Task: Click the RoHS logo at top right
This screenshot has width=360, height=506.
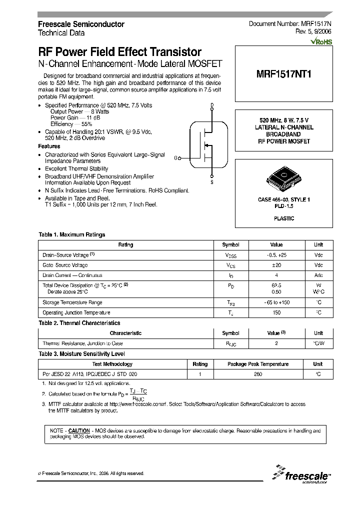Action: [x=321, y=41]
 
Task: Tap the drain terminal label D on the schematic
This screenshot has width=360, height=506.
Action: [x=212, y=105]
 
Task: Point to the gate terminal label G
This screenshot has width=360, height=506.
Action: [x=176, y=158]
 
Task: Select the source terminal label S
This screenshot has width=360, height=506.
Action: [x=212, y=182]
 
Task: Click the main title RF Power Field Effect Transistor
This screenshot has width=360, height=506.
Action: [x=120, y=52]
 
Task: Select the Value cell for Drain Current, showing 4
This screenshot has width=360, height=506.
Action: [x=276, y=275]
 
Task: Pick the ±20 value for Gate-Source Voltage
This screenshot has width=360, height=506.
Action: [x=276, y=265]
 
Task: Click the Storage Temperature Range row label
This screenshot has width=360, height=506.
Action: [x=72, y=302]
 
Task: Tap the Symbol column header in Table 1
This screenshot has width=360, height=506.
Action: [x=230, y=245]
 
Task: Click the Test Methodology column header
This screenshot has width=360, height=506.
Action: [x=112, y=364]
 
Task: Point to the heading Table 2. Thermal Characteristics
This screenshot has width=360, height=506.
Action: [x=79, y=323]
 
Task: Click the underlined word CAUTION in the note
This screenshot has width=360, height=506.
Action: [x=79, y=430]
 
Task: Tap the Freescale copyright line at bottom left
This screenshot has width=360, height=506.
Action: [x=91, y=473]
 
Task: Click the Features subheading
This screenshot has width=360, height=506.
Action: [x=49, y=146]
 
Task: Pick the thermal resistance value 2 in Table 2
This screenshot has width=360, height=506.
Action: [x=276, y=343]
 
